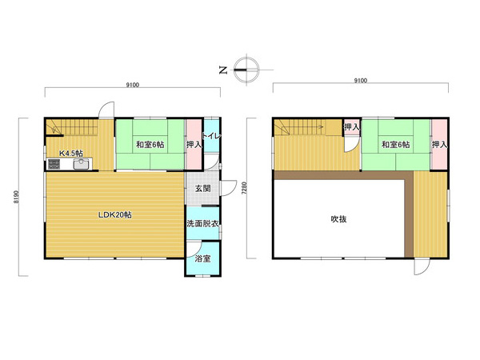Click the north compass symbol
(x=246, y=70)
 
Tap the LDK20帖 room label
(x=114, y=215)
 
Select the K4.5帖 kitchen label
(x=71, y=153)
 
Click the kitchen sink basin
(x=82, y=164)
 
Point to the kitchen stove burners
(x=54, y=164)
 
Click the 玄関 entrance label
(x=203, y=188)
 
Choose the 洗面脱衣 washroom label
(x=202, y=223)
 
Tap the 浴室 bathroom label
(x=202, y=258)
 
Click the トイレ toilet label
(x=212, y=136)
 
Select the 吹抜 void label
(x=339, y=219)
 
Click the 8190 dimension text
(x=16, y=197)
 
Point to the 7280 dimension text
(x=244, y=188)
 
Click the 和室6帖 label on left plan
(x=150, y=145)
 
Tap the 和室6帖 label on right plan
(x=395, y=145)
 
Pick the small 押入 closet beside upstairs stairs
(x=352, y=126)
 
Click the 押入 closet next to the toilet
(x=194, y=145)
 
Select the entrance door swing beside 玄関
(x=229, y=188)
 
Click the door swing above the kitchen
(x=106, y=110)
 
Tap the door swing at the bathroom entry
(x=194, y=249)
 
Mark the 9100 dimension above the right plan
(x=360, y=81)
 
